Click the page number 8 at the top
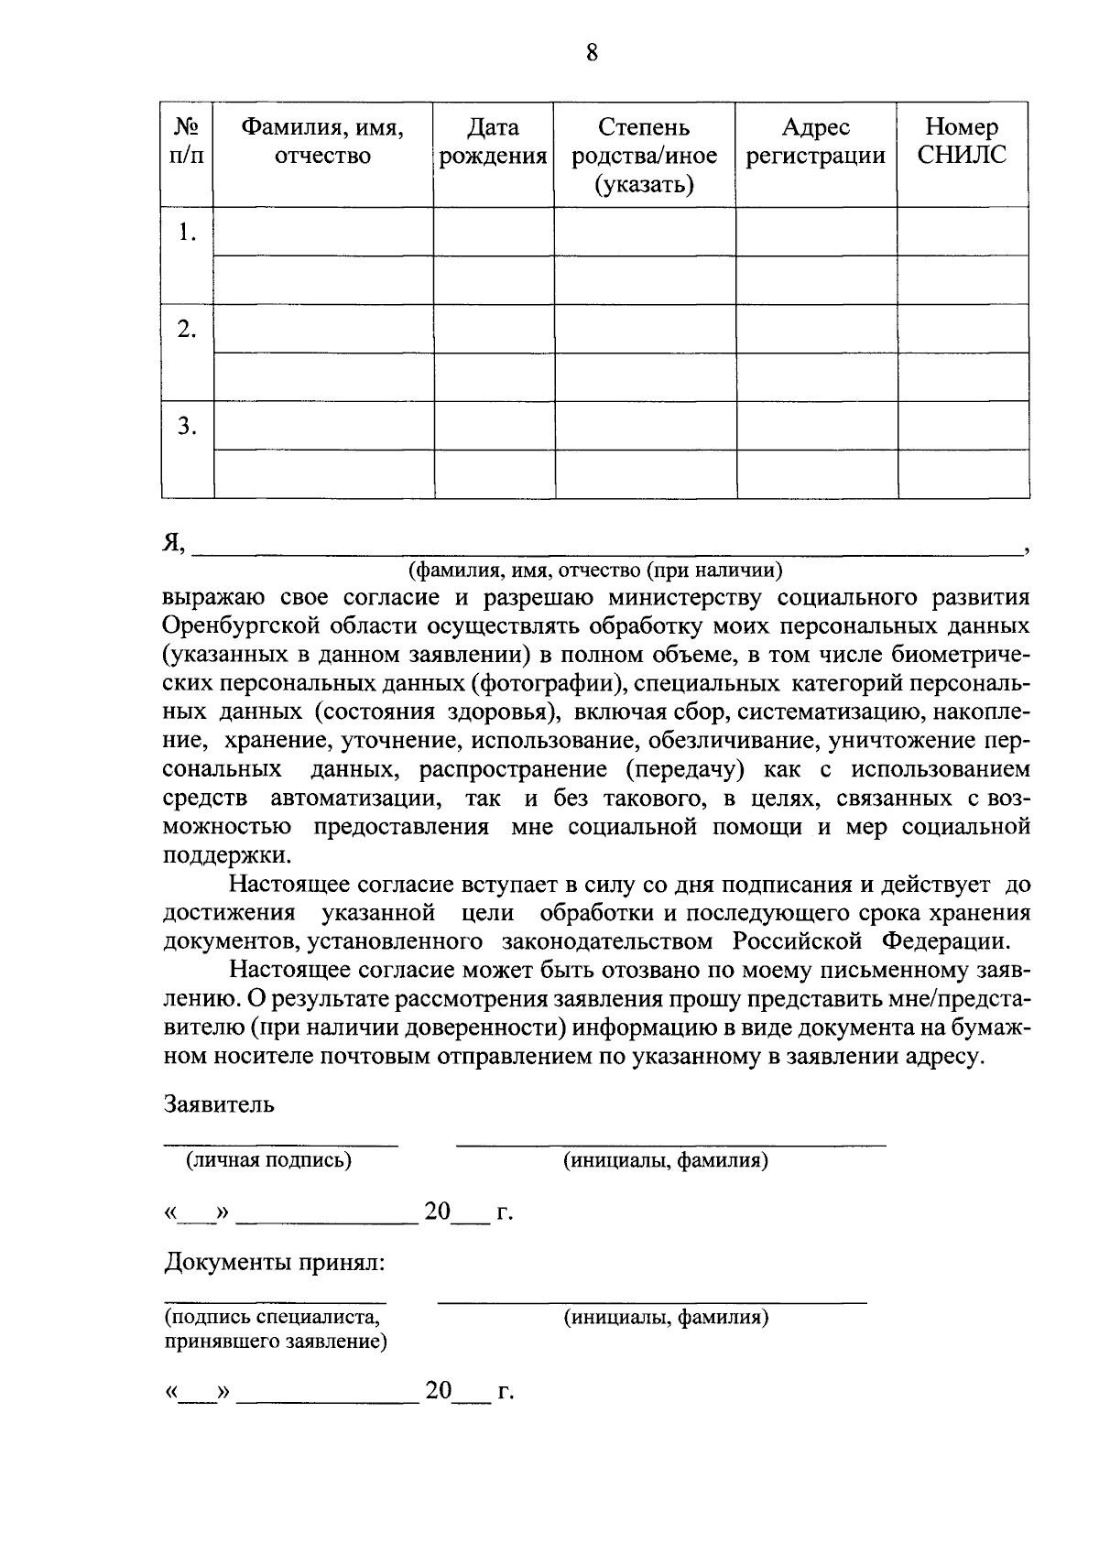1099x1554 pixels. [x=591, y=53]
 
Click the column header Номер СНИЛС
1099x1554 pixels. [x=962, y=141]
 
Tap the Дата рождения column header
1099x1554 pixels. [x=493, y=141]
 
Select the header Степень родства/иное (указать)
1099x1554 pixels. [x=644, y=156]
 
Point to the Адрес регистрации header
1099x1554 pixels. [x=815, y=141]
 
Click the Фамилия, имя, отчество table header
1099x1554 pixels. [x=322, y=141]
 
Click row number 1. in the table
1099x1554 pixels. [x=187, y=233]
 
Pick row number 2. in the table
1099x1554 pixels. [x=187, y=330]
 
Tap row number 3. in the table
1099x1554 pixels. [x=187, y=426]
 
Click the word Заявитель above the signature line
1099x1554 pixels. [x=219, y=1103]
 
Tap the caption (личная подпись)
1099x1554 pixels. [x=269, y=1160]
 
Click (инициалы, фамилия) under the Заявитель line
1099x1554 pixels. [x=665, y=1160]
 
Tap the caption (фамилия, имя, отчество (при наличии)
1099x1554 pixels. [x=595, y=571]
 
